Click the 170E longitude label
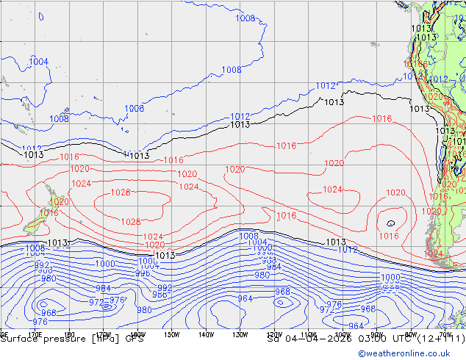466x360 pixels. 34,335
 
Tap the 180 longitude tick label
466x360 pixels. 70,335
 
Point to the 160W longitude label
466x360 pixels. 137,335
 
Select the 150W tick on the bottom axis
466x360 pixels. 171,335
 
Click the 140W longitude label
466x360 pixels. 206,335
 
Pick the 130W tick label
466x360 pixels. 240,335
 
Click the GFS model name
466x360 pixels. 134,339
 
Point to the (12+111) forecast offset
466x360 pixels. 434,339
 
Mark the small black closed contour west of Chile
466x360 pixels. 390,223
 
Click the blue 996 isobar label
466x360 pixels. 143,273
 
